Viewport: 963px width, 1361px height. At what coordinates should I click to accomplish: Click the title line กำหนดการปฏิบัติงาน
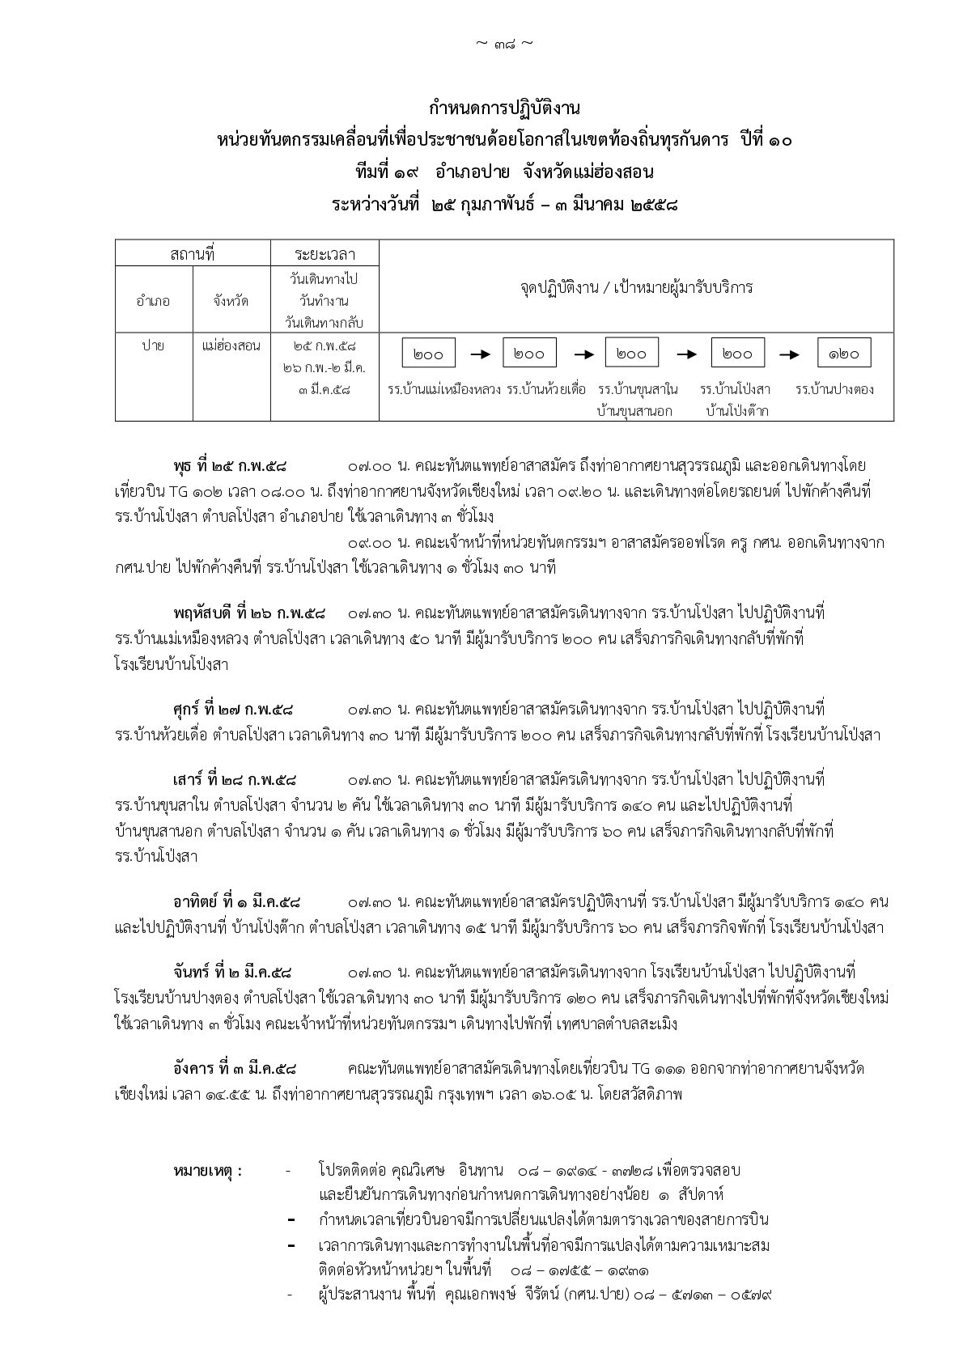505,108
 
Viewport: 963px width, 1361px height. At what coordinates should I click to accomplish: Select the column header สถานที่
193,253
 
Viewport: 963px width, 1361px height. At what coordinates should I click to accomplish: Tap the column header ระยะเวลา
325,253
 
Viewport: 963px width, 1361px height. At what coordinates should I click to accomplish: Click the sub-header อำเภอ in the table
154,301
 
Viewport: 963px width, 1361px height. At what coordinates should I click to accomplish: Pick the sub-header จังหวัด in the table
231,301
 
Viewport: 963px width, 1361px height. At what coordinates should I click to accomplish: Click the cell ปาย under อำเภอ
154,346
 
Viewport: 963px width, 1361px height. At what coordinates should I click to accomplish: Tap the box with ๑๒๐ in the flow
844,354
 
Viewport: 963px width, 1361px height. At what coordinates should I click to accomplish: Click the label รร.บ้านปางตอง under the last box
834,389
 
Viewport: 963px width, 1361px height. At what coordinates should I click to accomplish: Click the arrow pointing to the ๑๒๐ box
790,354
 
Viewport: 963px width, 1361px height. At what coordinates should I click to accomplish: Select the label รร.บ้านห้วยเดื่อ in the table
546,389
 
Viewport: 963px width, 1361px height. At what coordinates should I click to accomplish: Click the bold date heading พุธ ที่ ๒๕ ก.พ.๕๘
230,466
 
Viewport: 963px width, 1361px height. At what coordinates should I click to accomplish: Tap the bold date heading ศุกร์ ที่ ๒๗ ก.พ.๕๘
233,710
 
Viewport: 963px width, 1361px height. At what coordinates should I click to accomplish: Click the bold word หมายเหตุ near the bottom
207,1170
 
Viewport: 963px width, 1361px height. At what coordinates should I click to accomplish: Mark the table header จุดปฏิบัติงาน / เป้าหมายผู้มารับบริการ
636,286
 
